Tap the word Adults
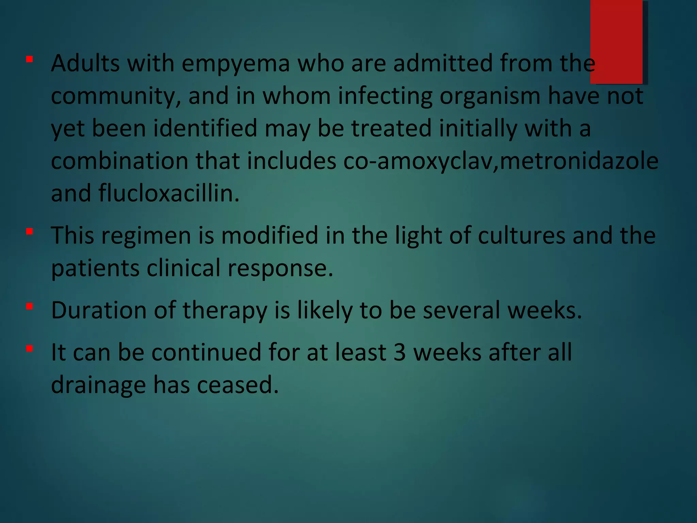[x=85, y=63]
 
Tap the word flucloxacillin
[x=169, y=193]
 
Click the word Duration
[x=99, y=311]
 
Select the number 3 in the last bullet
[x=400, y=352]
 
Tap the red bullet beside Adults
[x=30, y=60]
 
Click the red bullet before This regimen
[x=30, y=232]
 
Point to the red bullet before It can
[x=30, y=349]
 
